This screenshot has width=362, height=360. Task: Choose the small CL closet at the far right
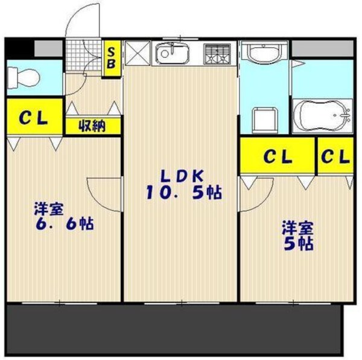335,156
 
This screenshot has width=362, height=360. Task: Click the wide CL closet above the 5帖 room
277,156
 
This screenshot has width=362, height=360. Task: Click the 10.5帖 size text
182,193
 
